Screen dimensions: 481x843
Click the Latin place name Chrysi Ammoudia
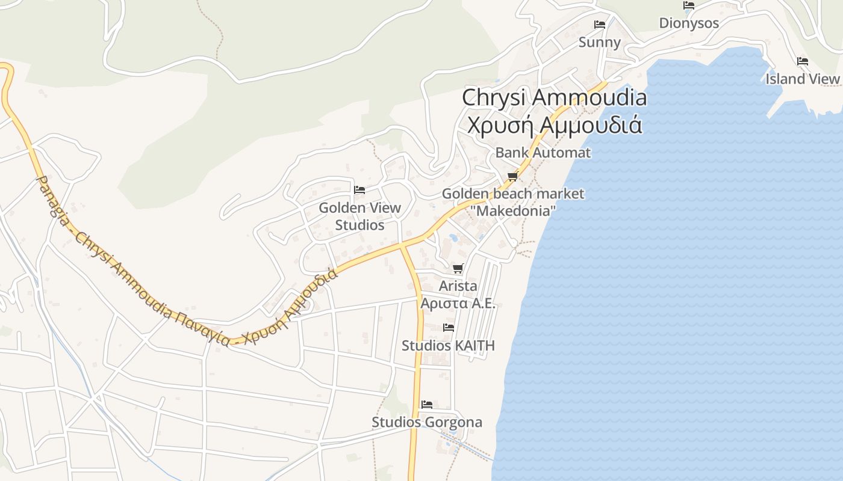554,97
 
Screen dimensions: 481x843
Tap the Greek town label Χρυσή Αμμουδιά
554,125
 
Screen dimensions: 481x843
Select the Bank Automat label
543,153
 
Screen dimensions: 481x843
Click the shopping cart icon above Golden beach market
512,176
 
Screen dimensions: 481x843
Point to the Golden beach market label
513,194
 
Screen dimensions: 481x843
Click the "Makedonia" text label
513,211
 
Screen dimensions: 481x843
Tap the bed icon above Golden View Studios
359,190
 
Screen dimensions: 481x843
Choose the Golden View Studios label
359,216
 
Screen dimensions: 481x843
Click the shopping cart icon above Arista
458,268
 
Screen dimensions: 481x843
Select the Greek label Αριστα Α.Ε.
458,303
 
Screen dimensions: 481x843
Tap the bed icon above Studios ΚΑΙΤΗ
449,328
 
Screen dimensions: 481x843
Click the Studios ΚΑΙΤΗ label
448,346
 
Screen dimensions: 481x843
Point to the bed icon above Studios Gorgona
427,404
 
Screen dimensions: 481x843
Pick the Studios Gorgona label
427,422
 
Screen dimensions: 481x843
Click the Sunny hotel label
599,42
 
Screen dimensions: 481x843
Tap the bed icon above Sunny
600,25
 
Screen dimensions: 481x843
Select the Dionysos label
689,23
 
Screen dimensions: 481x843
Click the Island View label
802,79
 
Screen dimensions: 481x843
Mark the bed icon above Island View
802,61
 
